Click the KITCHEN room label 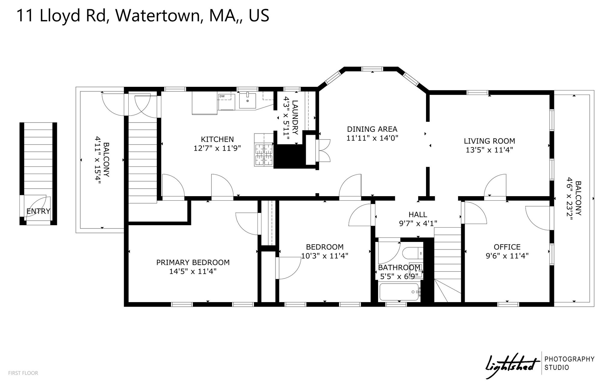[x=217, y=139]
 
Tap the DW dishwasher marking [x=222, y=96]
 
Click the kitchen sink [x=248, y=101]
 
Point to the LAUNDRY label [x=295, y=117]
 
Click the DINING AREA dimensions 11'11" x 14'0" [x=372, y=138]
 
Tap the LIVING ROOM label [x=489, y=141]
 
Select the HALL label [x=418, y=214]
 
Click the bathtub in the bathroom [x=400, y=292]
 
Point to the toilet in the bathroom [x=412, y=253]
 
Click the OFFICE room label [x=507, y=247]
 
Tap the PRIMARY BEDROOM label [x=193, y=263]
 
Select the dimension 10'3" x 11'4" [x=325, y=256]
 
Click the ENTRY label [x=38, y=211]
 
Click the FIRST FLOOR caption [x=23, y=373]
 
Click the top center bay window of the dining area [x=372, y=69]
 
